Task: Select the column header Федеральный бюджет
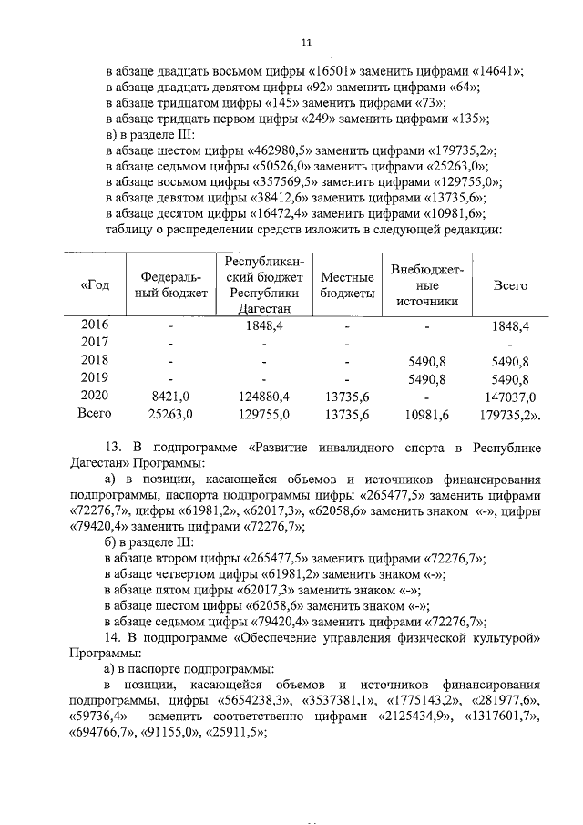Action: point(175,284)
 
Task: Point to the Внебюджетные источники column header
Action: point(427,285)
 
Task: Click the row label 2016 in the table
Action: point(96,325)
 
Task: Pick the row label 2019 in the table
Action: point(96,377)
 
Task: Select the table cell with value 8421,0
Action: point(170,396)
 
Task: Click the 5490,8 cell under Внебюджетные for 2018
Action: point(427,360)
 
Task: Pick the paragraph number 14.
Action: point(114,634)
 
